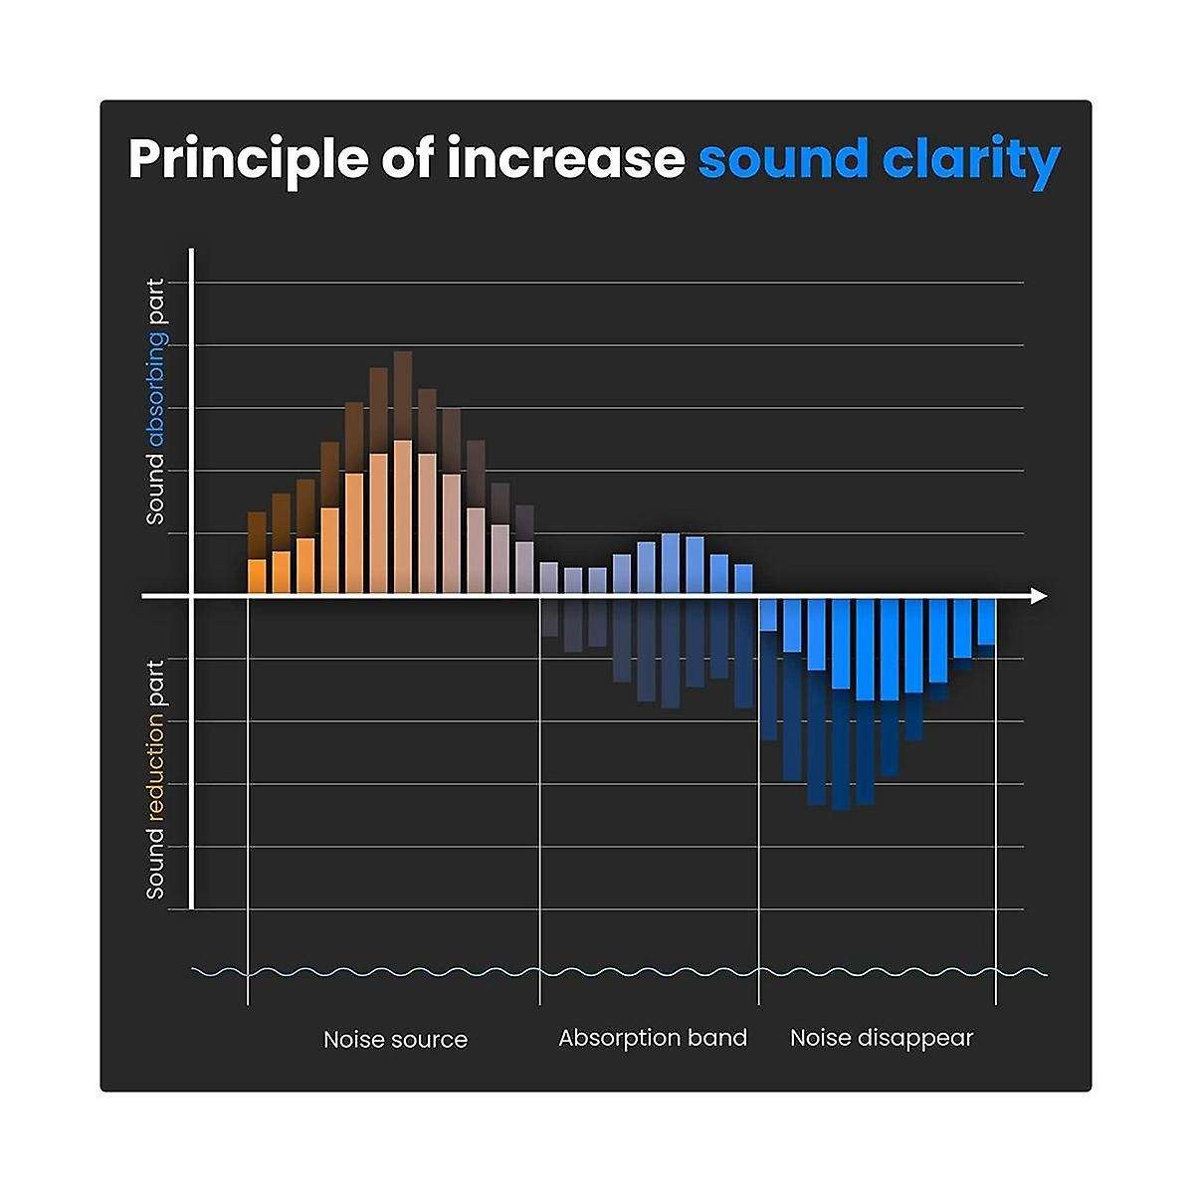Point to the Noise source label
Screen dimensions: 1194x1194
(x=395, y=1040)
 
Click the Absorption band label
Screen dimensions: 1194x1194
(x=652, y=1038)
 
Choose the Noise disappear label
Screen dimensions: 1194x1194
(x=881, y=1038)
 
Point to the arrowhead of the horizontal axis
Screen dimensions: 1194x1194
(x=1039, y=596)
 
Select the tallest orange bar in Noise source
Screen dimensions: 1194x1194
(x=403, y=517)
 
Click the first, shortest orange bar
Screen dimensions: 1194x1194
(x=257, y=577)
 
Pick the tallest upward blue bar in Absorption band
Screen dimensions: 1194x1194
(x=671, y=564)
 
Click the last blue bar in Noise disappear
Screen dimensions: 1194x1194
(x=986, y=622)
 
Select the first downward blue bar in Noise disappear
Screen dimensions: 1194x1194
(x=768, y=614)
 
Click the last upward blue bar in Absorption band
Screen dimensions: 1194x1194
(x=743, y=579)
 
